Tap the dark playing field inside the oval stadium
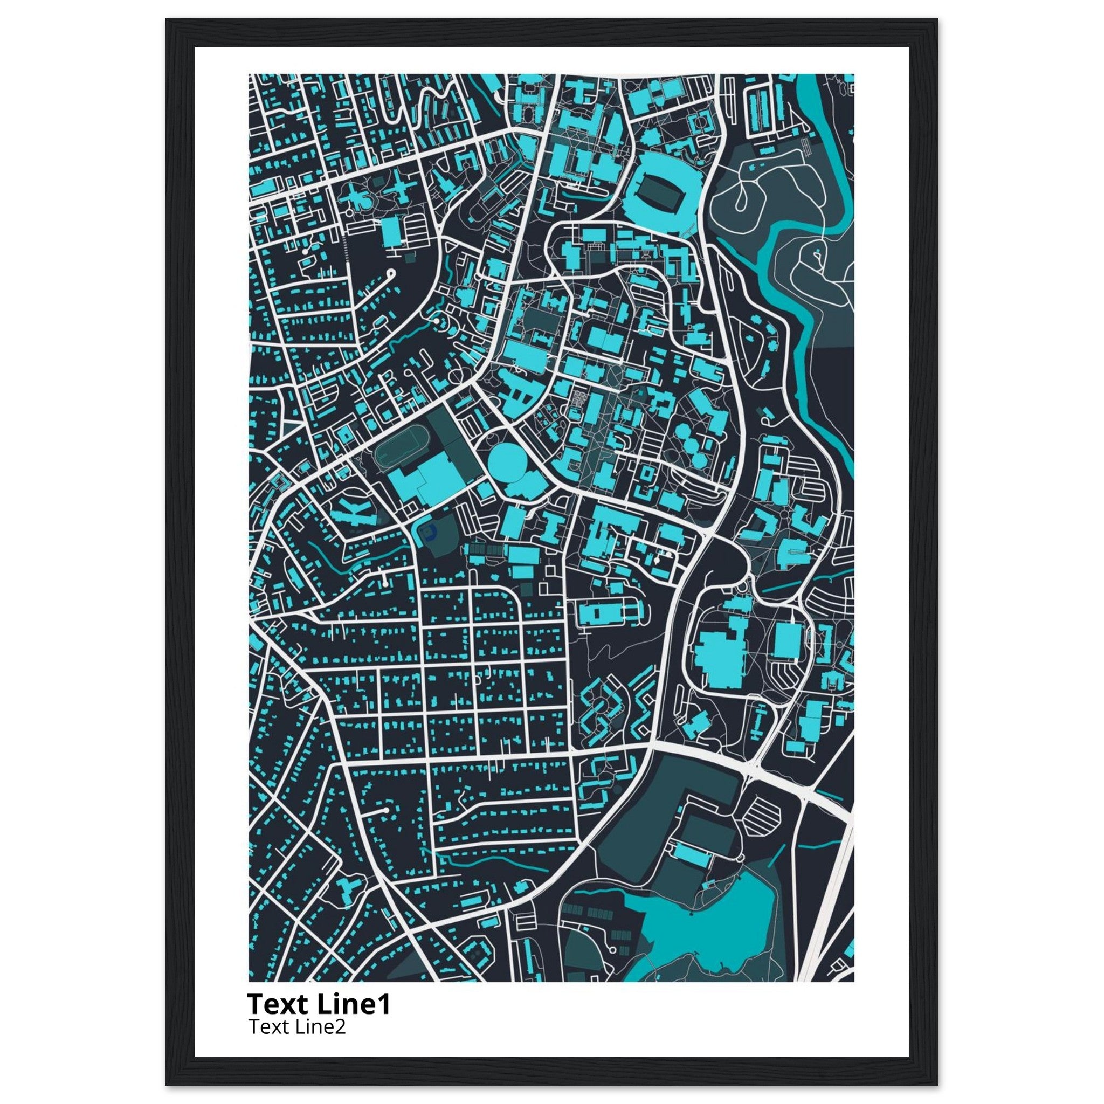coord(660,192)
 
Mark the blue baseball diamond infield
coord(427,533)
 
